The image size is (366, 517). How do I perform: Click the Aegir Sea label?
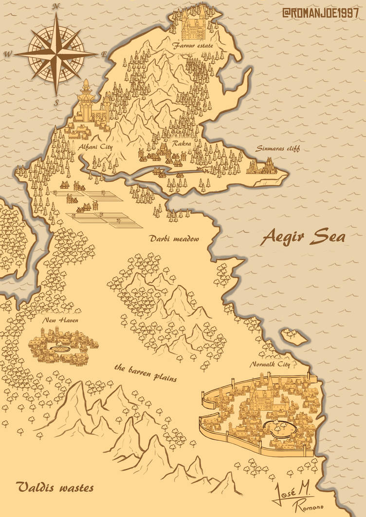(x=304, y=237)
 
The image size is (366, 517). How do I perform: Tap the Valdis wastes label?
(x=54, y=487)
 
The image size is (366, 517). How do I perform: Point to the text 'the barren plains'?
(x=146, y=372)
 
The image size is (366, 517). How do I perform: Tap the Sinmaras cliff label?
(x=271, y=149)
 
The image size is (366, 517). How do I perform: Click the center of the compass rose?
(x=56, y=53)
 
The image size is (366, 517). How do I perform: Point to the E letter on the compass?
(x=103, y=54)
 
